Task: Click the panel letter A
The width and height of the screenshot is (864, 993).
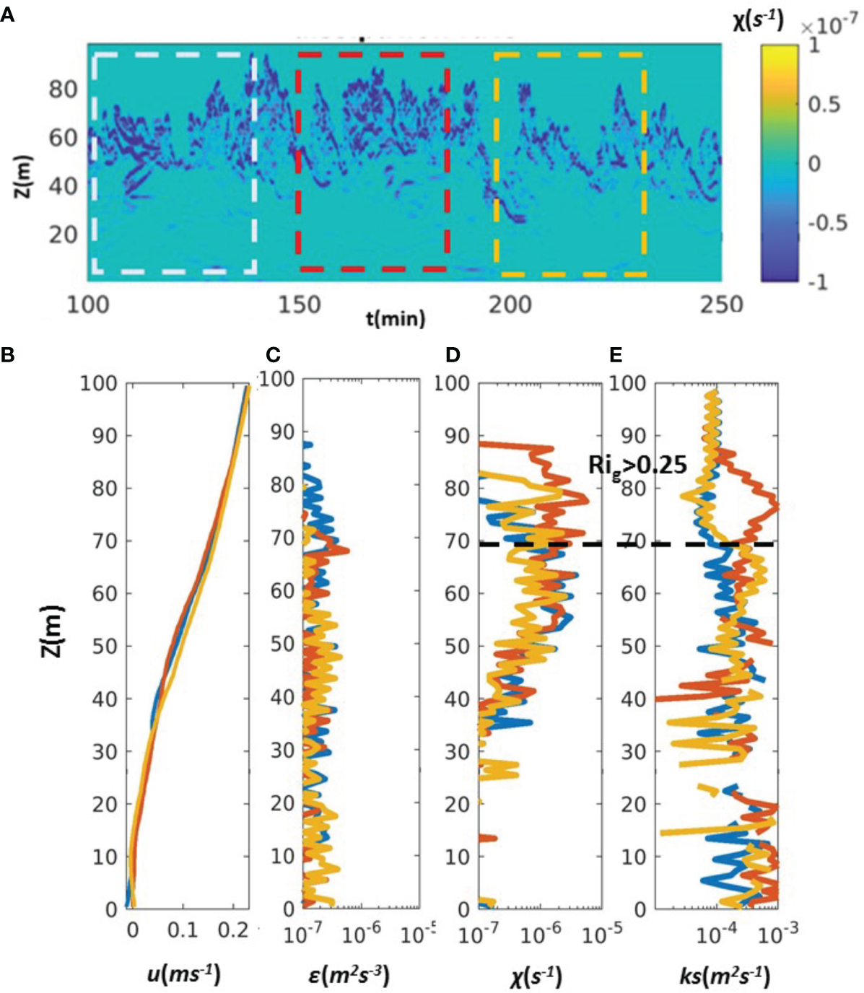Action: (x=7, y=14)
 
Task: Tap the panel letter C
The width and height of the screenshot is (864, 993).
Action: (x=273, y=354)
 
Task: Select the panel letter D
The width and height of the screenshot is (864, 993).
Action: (x=453, y=354)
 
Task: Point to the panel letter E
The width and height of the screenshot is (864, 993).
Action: (x=616, y=354)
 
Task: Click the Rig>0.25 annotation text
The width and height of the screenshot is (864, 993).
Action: (x=637, y=465)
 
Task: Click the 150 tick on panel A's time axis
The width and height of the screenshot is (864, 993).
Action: (x=299, y=305)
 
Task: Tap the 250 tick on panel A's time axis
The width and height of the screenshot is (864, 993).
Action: (x=721, y=305)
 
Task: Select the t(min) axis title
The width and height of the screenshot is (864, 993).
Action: (x=396, y=318)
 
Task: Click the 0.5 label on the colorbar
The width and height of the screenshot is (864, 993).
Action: (x=824, y=104)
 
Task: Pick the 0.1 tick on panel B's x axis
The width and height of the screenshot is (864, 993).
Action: (x=183, y=931)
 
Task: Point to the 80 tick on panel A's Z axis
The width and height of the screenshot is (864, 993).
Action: (x=63, y=89)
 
